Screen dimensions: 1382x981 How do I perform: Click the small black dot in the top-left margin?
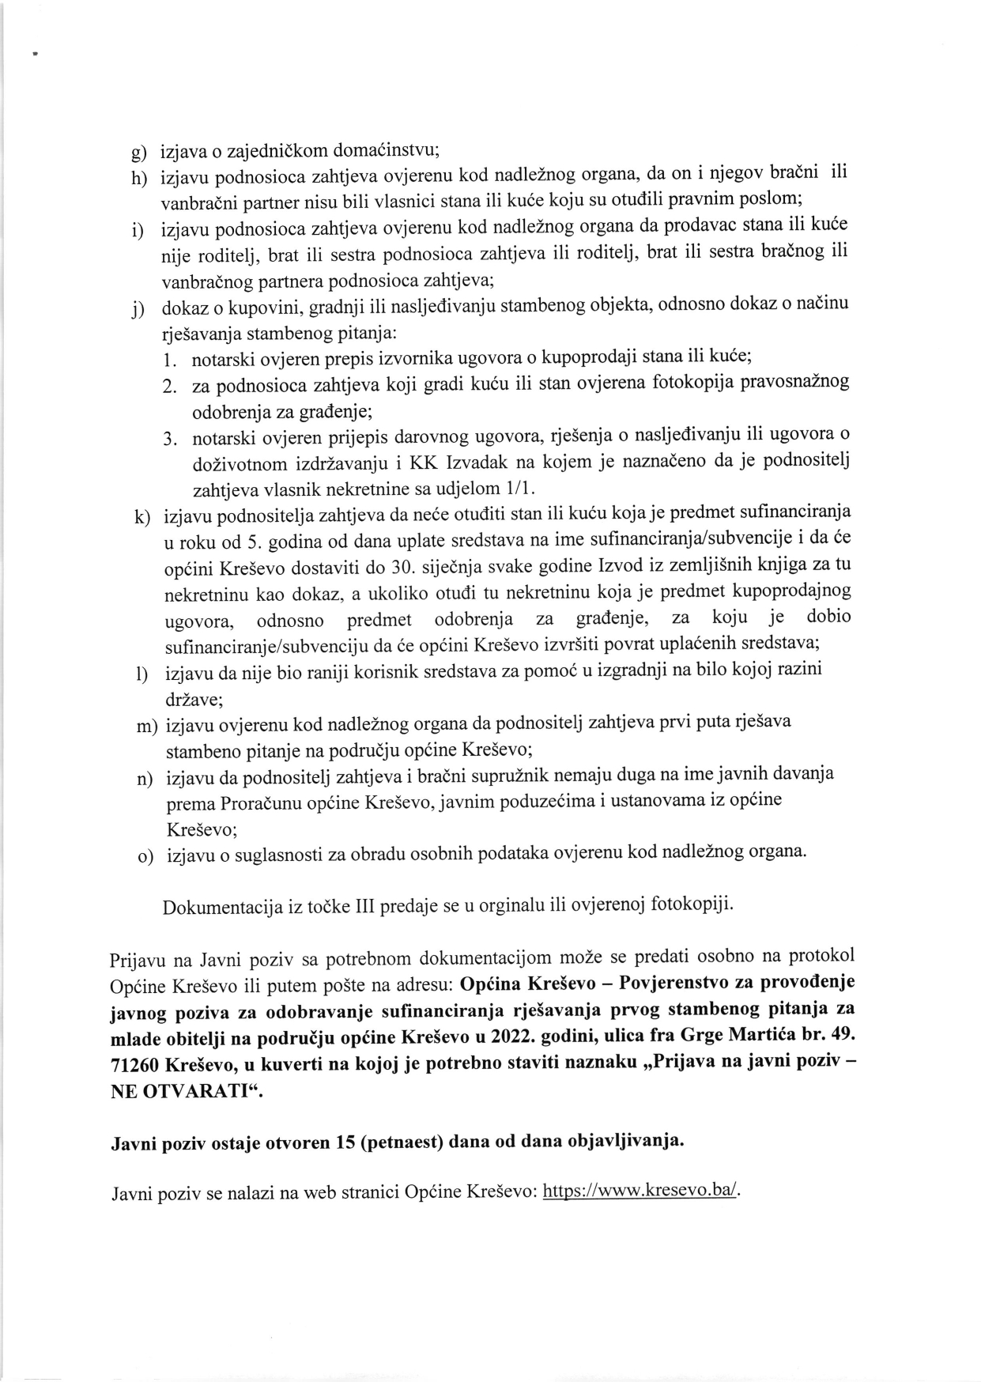pos(36,55)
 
